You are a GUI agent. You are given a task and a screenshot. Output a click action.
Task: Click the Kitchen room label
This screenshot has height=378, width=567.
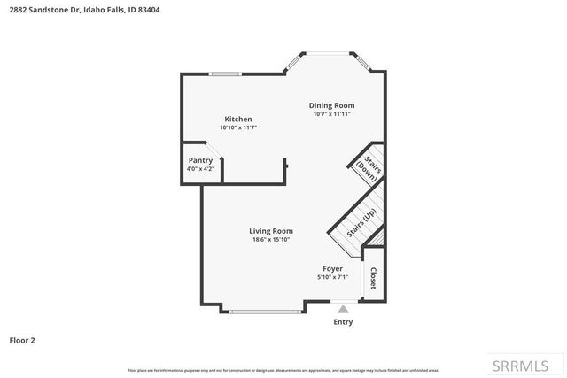pos(237,119)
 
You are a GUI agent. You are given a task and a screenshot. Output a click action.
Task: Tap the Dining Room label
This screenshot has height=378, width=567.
pos(331,105)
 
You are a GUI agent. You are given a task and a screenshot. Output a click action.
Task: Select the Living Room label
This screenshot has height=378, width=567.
pos(270,231)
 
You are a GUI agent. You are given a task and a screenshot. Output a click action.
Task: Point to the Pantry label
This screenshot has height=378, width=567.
pos(199,160)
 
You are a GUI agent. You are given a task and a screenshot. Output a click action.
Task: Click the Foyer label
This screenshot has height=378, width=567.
pos(332,268)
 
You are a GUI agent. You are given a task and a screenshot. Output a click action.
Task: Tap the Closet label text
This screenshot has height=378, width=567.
pos(373,278)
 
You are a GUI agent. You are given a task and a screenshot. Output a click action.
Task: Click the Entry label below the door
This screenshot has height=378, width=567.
pos(342,321)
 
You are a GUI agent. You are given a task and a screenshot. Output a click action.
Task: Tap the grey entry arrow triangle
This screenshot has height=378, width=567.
pos(343,310)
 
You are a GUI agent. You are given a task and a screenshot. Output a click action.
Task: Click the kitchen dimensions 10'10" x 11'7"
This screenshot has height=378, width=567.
pos(237,127)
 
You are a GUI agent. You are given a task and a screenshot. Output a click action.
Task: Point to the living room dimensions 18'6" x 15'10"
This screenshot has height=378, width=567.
pos(270,240)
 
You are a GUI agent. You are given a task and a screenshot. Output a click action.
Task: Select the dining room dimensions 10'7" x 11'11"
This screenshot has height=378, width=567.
pos(331,114)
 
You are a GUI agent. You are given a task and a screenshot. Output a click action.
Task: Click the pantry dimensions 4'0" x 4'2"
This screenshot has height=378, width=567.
pos(199,168)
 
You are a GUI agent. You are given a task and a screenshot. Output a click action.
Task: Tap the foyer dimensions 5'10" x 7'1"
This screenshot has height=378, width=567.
pos(332,277)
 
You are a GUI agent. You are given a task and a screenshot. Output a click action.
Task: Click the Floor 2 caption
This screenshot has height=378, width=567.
pos(21,339)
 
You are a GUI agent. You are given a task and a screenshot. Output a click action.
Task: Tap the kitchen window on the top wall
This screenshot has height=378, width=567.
pos(226,73)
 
